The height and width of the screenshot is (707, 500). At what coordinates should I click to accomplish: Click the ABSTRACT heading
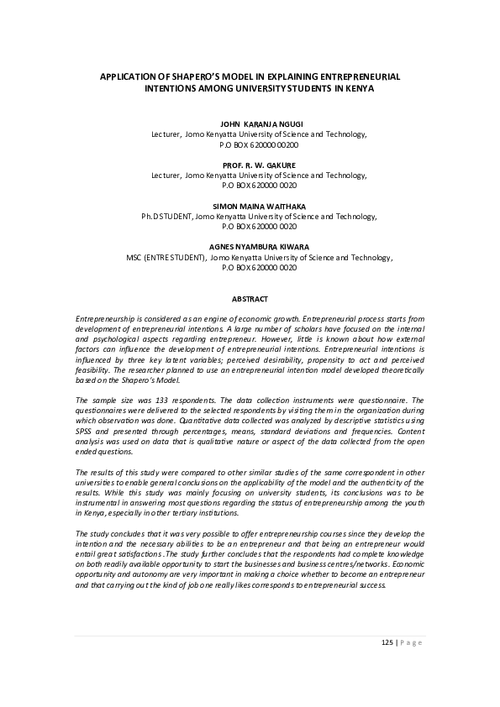tap(250, 299)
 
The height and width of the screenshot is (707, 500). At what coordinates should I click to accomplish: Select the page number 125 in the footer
tap(387, 643)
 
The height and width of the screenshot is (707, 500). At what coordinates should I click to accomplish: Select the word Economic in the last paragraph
tap(406, 568)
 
